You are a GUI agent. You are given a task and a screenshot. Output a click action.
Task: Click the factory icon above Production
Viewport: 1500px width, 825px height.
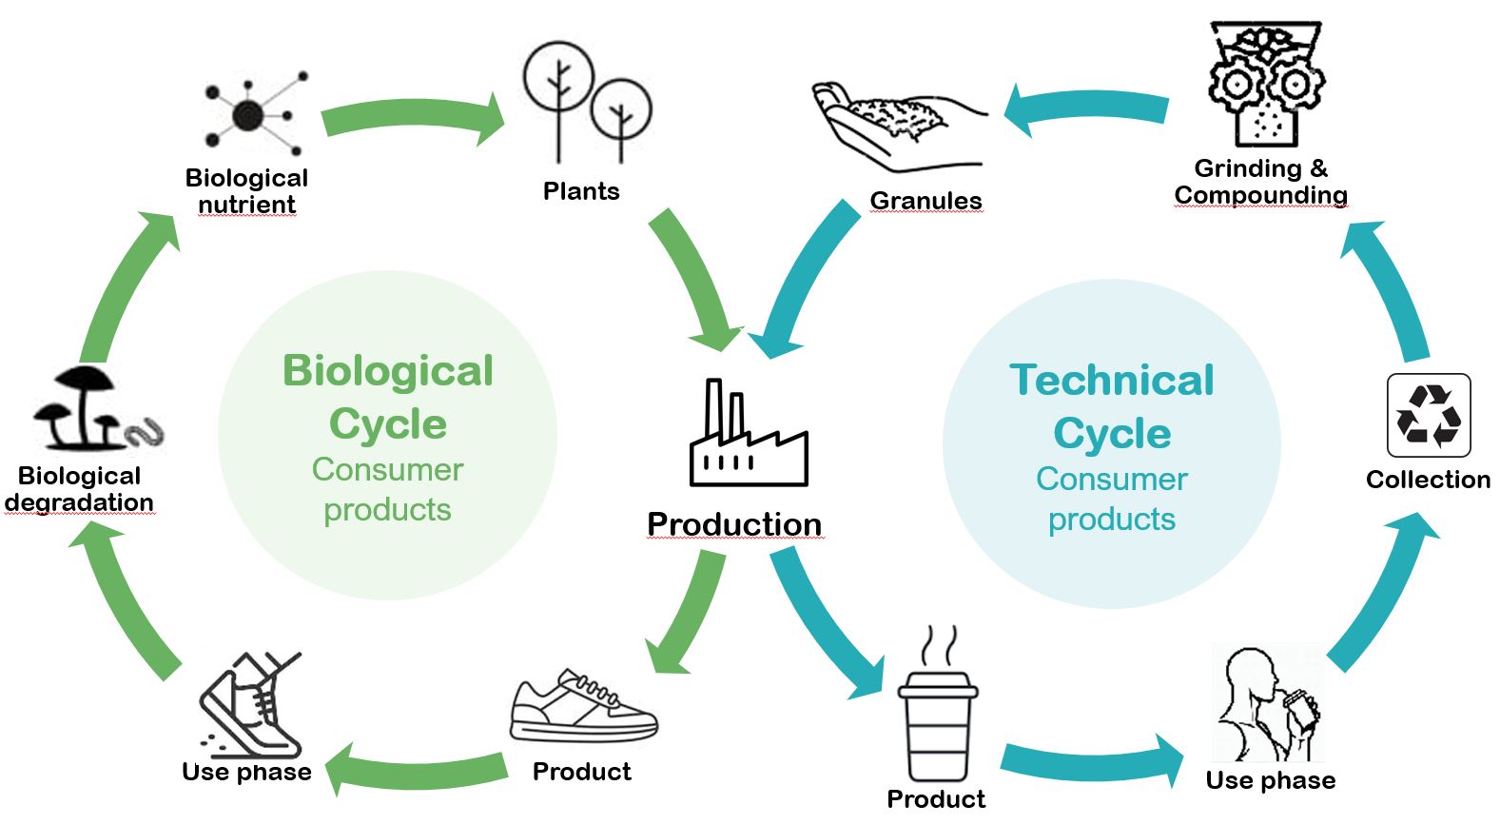pyautogui.click(x=748, y=435)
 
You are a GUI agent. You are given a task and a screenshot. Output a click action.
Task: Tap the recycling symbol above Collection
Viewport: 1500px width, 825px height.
pyautogui.click(x=1428, y=415)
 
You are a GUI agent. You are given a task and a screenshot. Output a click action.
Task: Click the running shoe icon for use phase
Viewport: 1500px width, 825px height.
pyautogui.click(x=251, y=704)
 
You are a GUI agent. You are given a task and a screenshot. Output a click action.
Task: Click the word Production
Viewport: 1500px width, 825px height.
pyautogui.click(x=733, y=524)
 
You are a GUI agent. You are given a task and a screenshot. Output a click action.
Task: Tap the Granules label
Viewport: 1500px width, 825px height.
pyautogui.click(x=925, y=201)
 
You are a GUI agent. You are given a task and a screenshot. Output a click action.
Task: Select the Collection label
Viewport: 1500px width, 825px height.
pyautogui.click(x=1427, y=480)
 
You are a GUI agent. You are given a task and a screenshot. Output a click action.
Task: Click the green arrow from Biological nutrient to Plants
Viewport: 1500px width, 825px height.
pyautogui.click(x=414, y=119)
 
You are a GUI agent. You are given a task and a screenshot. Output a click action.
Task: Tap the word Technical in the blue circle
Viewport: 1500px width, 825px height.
pyautogui.click(x=1111, y=381)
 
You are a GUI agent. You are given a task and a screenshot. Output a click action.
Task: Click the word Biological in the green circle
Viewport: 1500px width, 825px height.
pyautogui.click(x=388, y=371)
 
